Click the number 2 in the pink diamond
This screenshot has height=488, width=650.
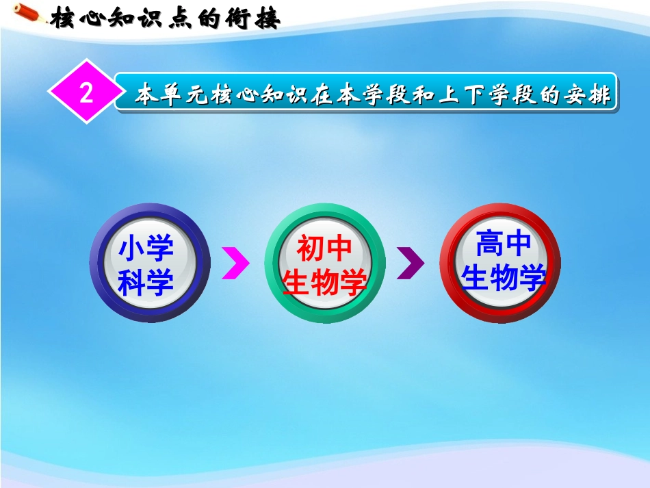(x=86, y=93)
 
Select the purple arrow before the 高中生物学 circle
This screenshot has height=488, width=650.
(x=410, y=264)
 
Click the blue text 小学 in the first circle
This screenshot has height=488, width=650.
(x=146, y=248)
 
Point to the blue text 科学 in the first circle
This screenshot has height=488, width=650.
(x=146, y=282)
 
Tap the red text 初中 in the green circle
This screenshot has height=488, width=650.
(x=324, y=248)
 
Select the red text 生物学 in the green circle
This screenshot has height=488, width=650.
(x=324, y=282)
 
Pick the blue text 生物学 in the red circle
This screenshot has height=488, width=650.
(x=504, y=278)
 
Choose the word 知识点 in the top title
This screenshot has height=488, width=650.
(x=151, y=18)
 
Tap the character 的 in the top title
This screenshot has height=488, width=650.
(x=211, y=18)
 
